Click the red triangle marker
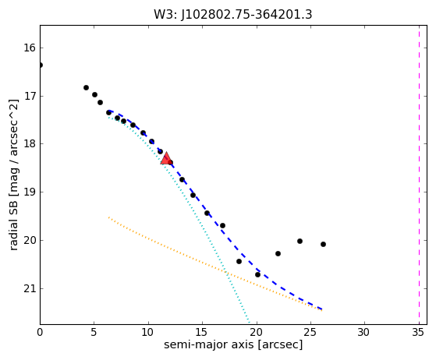(x=166, y=159)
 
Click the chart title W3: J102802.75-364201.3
(x=233, y=15)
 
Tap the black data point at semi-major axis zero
(x=41, y=65)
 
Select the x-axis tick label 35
(x=418, y=332)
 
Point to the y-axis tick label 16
(x=30, y=48)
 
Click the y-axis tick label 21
(x=30, y=288)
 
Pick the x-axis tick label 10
(x=148, y=332)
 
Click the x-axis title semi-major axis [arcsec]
(x=233, y=344)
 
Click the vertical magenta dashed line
(x=419, y=175)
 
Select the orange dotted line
(x=215, y=264)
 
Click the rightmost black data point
(x=323, y=244)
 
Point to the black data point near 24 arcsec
(x=300, y=241)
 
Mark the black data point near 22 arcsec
(x=278, y=253)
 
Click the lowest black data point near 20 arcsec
(x=257, y=275)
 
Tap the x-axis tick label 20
(x=256, y=332)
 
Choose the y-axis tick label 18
(x=30, y=144)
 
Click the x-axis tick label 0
(x=40, y=332)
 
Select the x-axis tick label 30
(x=364, y=332)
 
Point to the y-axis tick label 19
(x=30, y=192)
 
